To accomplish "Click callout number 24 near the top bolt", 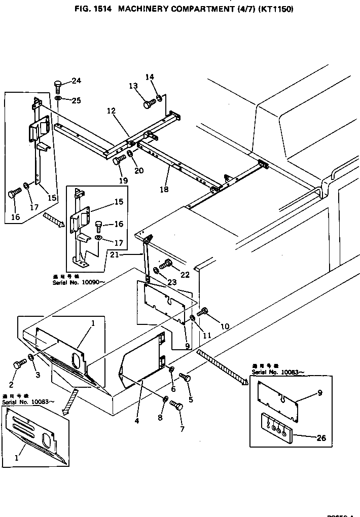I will click(x=76, y=81).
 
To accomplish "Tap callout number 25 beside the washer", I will click(x=76, y=100).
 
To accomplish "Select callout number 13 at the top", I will click(x=133, y=86).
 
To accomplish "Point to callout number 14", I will click(x=150, y=77).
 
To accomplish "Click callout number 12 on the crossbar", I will click(x=111, y=110).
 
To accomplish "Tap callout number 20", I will click(x=138, y=171).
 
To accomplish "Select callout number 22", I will click(x=184, y=274).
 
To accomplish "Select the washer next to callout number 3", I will click(x=31, y=358).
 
